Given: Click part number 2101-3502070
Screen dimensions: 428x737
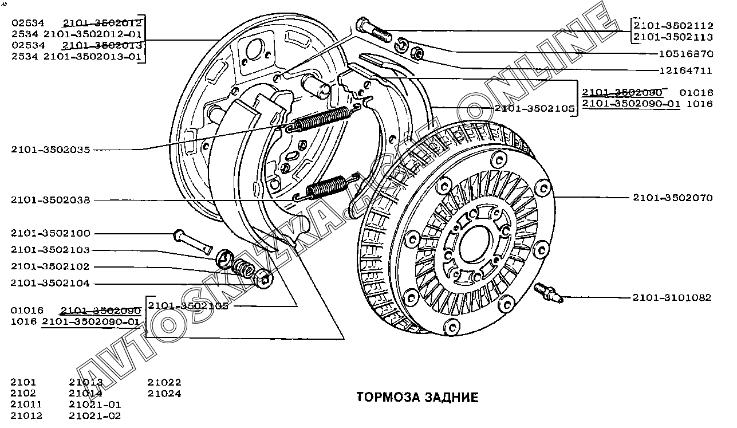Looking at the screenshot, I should click(672, 198).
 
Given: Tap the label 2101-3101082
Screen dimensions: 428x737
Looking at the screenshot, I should click(672, 298).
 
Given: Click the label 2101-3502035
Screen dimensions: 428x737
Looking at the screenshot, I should click(50, 150).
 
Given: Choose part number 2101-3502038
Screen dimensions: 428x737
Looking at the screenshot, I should click(50, 200).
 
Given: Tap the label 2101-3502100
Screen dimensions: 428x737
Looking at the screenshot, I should click(50, 234).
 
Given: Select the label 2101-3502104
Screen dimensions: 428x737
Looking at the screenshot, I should click(50, 284).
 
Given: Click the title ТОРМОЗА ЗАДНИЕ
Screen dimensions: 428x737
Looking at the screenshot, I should click(417, 397).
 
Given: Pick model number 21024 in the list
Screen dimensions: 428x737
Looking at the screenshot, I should click(164, 394).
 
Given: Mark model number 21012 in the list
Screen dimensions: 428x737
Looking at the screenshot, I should click(26, 416).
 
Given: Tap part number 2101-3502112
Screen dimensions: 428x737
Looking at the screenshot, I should click(673, 26).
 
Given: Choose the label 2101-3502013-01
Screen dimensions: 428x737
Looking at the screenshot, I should click(92, 56).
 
